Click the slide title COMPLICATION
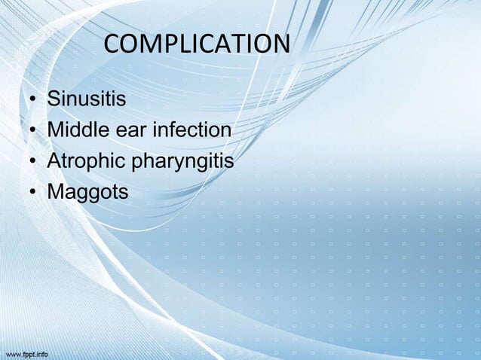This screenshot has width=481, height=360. pyautogui.click(x=196, y=45)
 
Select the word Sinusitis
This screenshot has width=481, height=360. pyautogui.click(x=87, y=99)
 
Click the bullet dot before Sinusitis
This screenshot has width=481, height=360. pyautogui.click(x=33, y=100)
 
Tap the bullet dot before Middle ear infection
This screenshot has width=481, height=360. pyautogui.click(x=33, y=132)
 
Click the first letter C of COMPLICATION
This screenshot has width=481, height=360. pyautogui.click(x=112, y=45)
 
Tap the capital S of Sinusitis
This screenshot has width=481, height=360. pyautogui.click(x=54, y=99)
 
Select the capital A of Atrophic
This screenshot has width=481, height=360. pyautogui.click(x=54, y=162)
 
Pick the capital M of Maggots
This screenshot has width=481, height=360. pyautogui.click(x=56, y=193)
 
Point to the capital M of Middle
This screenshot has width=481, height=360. pyautogui.click(x=56, y=130)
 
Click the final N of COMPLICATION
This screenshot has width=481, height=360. pyautogui.click(x=280, y=45)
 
